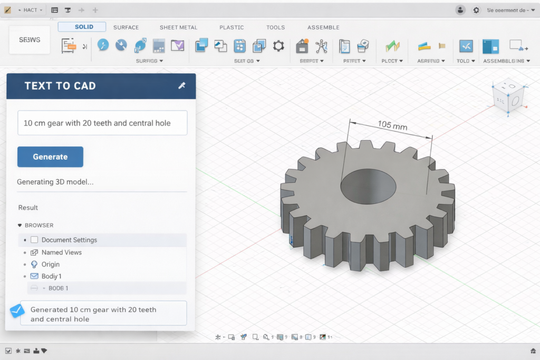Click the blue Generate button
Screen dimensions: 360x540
50,157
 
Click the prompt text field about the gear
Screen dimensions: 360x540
102,123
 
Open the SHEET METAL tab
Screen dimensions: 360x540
178,27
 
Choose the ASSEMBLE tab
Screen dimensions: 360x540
323,27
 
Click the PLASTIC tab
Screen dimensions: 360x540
232,27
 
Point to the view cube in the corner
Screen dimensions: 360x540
508,98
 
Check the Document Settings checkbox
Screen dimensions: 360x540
34,240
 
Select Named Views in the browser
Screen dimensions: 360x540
61,252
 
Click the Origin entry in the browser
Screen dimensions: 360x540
51,264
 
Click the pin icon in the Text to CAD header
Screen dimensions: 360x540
182,85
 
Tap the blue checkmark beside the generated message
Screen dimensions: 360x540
17,311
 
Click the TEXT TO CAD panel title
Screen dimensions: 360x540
60,86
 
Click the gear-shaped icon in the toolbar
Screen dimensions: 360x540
278,46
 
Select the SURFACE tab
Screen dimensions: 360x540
126,27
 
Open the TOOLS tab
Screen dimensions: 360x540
275,27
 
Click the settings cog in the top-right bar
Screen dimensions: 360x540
477,10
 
